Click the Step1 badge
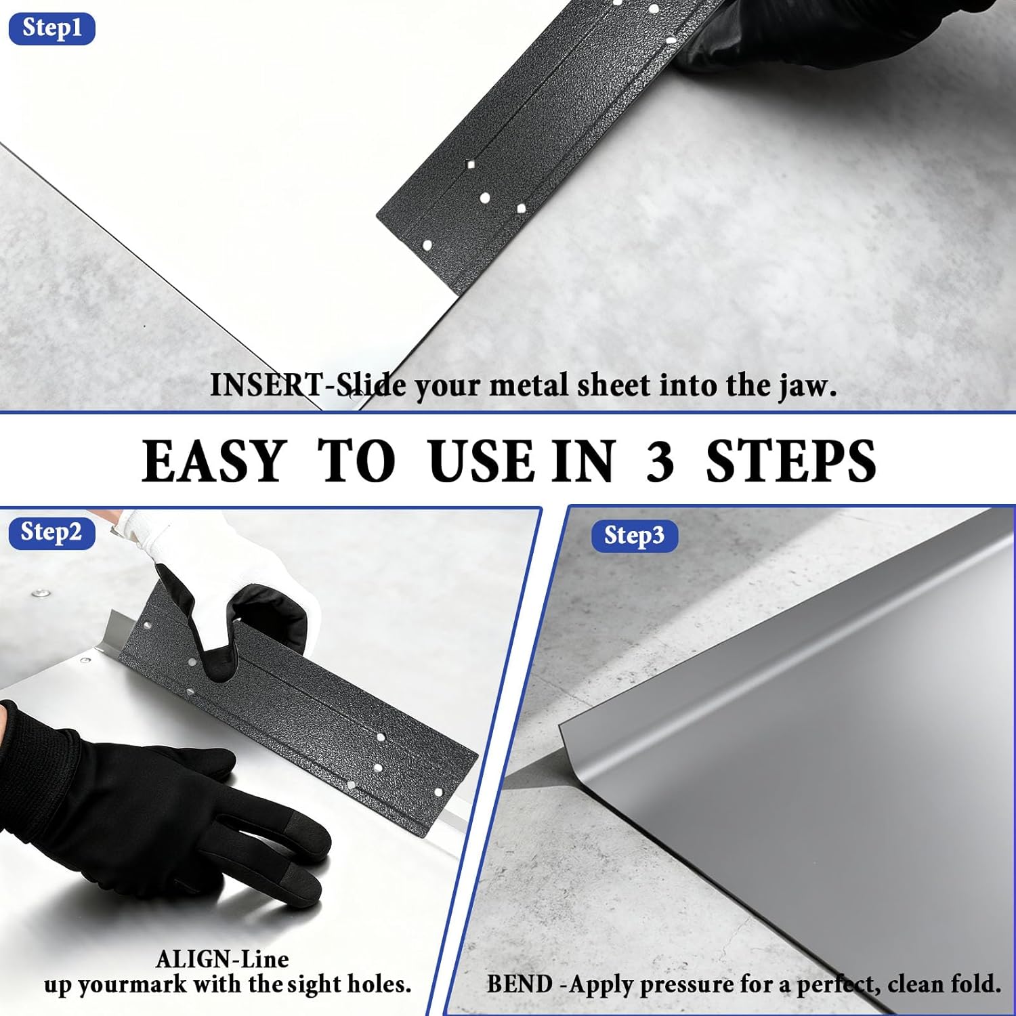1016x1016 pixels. pos(51,28)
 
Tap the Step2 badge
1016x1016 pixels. pos(51,532)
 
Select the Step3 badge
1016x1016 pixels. pos(634,536)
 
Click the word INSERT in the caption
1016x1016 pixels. pos(266,385)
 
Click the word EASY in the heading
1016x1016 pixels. pos(214,461)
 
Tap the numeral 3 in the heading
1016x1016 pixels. pos(660,461)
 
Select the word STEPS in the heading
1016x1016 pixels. pos(790,461)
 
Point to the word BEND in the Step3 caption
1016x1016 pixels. pos(520,984)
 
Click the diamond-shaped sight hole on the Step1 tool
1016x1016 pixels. pos(471,165)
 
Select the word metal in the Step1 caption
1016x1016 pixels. pos(528,385)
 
